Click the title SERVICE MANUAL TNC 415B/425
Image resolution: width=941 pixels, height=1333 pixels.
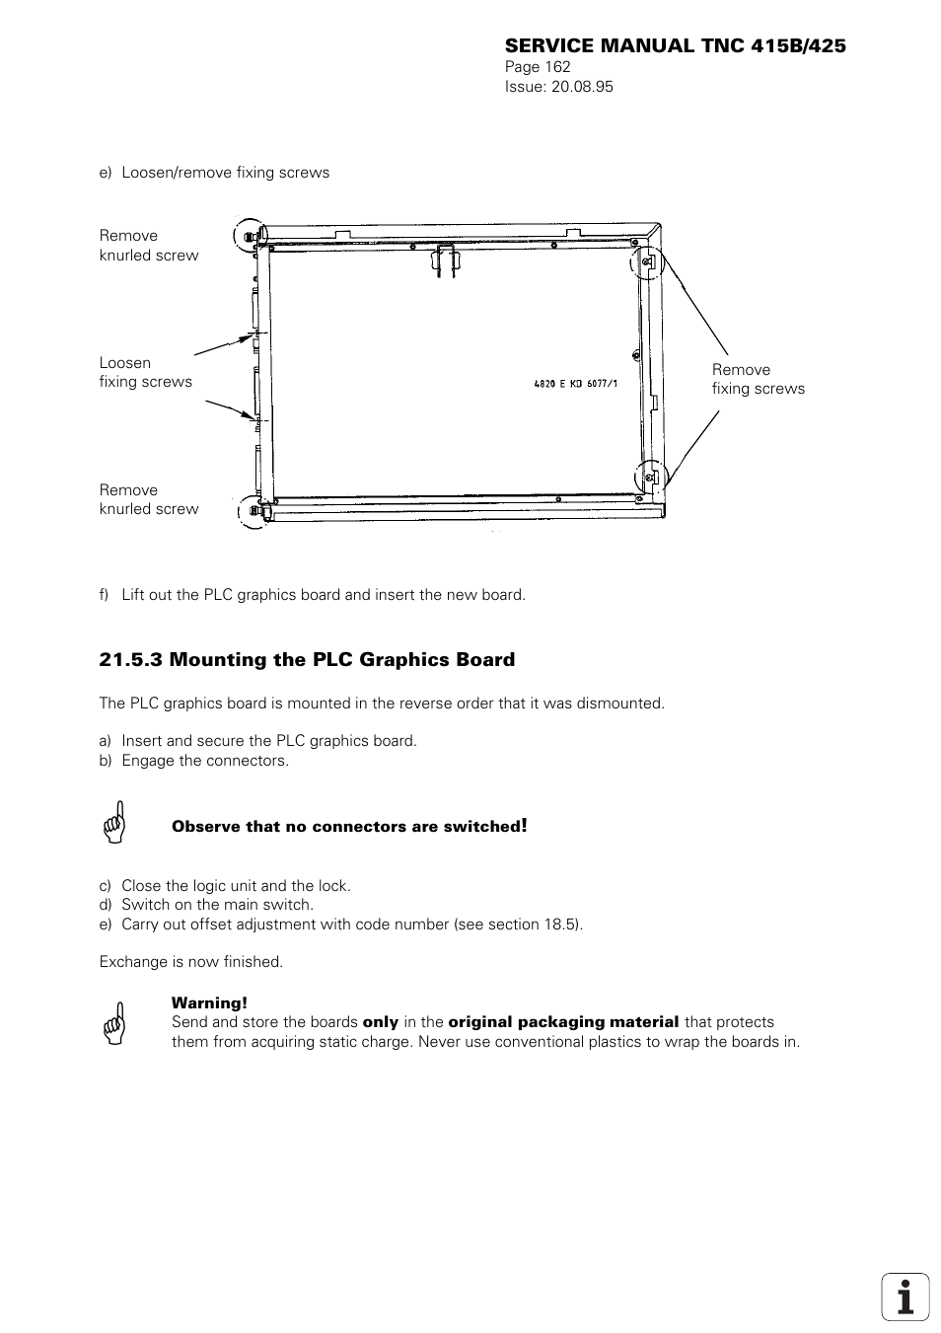[x=675, y=46]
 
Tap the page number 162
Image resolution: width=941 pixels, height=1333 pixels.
[x=557, y=67]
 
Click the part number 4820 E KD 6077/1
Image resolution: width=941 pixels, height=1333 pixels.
[x=575, y=383]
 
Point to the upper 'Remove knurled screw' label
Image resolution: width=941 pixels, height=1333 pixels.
[x=148, y=246]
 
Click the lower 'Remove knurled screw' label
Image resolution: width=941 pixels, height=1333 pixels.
[x=148, y=499]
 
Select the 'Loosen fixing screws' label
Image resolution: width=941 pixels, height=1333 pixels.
[x=145, y=372]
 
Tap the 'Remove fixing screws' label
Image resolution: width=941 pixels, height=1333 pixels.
[x=758, y=379]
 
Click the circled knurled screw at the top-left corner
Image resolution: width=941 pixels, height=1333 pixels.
[x=251, y=235]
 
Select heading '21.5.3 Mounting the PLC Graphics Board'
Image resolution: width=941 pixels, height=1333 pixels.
[x=307, y=660]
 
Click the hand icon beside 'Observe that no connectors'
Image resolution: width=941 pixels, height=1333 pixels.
[x=115, y=822]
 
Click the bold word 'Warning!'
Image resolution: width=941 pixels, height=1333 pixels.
[x=209, y=1003]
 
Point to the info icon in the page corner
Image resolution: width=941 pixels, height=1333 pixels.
[x=905, y=1296]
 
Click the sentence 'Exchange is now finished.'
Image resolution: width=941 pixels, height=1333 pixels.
[x=190, y=962]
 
